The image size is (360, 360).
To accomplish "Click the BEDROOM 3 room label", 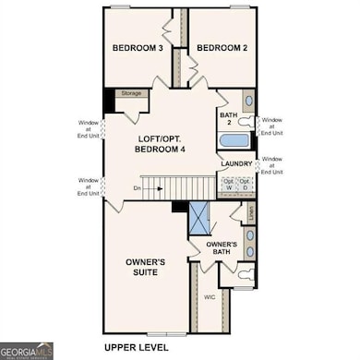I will pos(138,48).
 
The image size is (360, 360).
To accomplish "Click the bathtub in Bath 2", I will pos(234,141).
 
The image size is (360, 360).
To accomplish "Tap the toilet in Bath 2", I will pos(245,122).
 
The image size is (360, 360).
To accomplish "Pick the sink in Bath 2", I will pos(246,101).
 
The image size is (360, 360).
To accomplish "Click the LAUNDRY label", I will pos(236,163).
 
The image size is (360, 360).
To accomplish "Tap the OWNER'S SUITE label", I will pos(146,267).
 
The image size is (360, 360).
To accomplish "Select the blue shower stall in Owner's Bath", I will pos(199,220).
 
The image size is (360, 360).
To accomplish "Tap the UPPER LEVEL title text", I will pos(139,348).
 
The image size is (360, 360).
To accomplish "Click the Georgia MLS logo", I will pos(27,351).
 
